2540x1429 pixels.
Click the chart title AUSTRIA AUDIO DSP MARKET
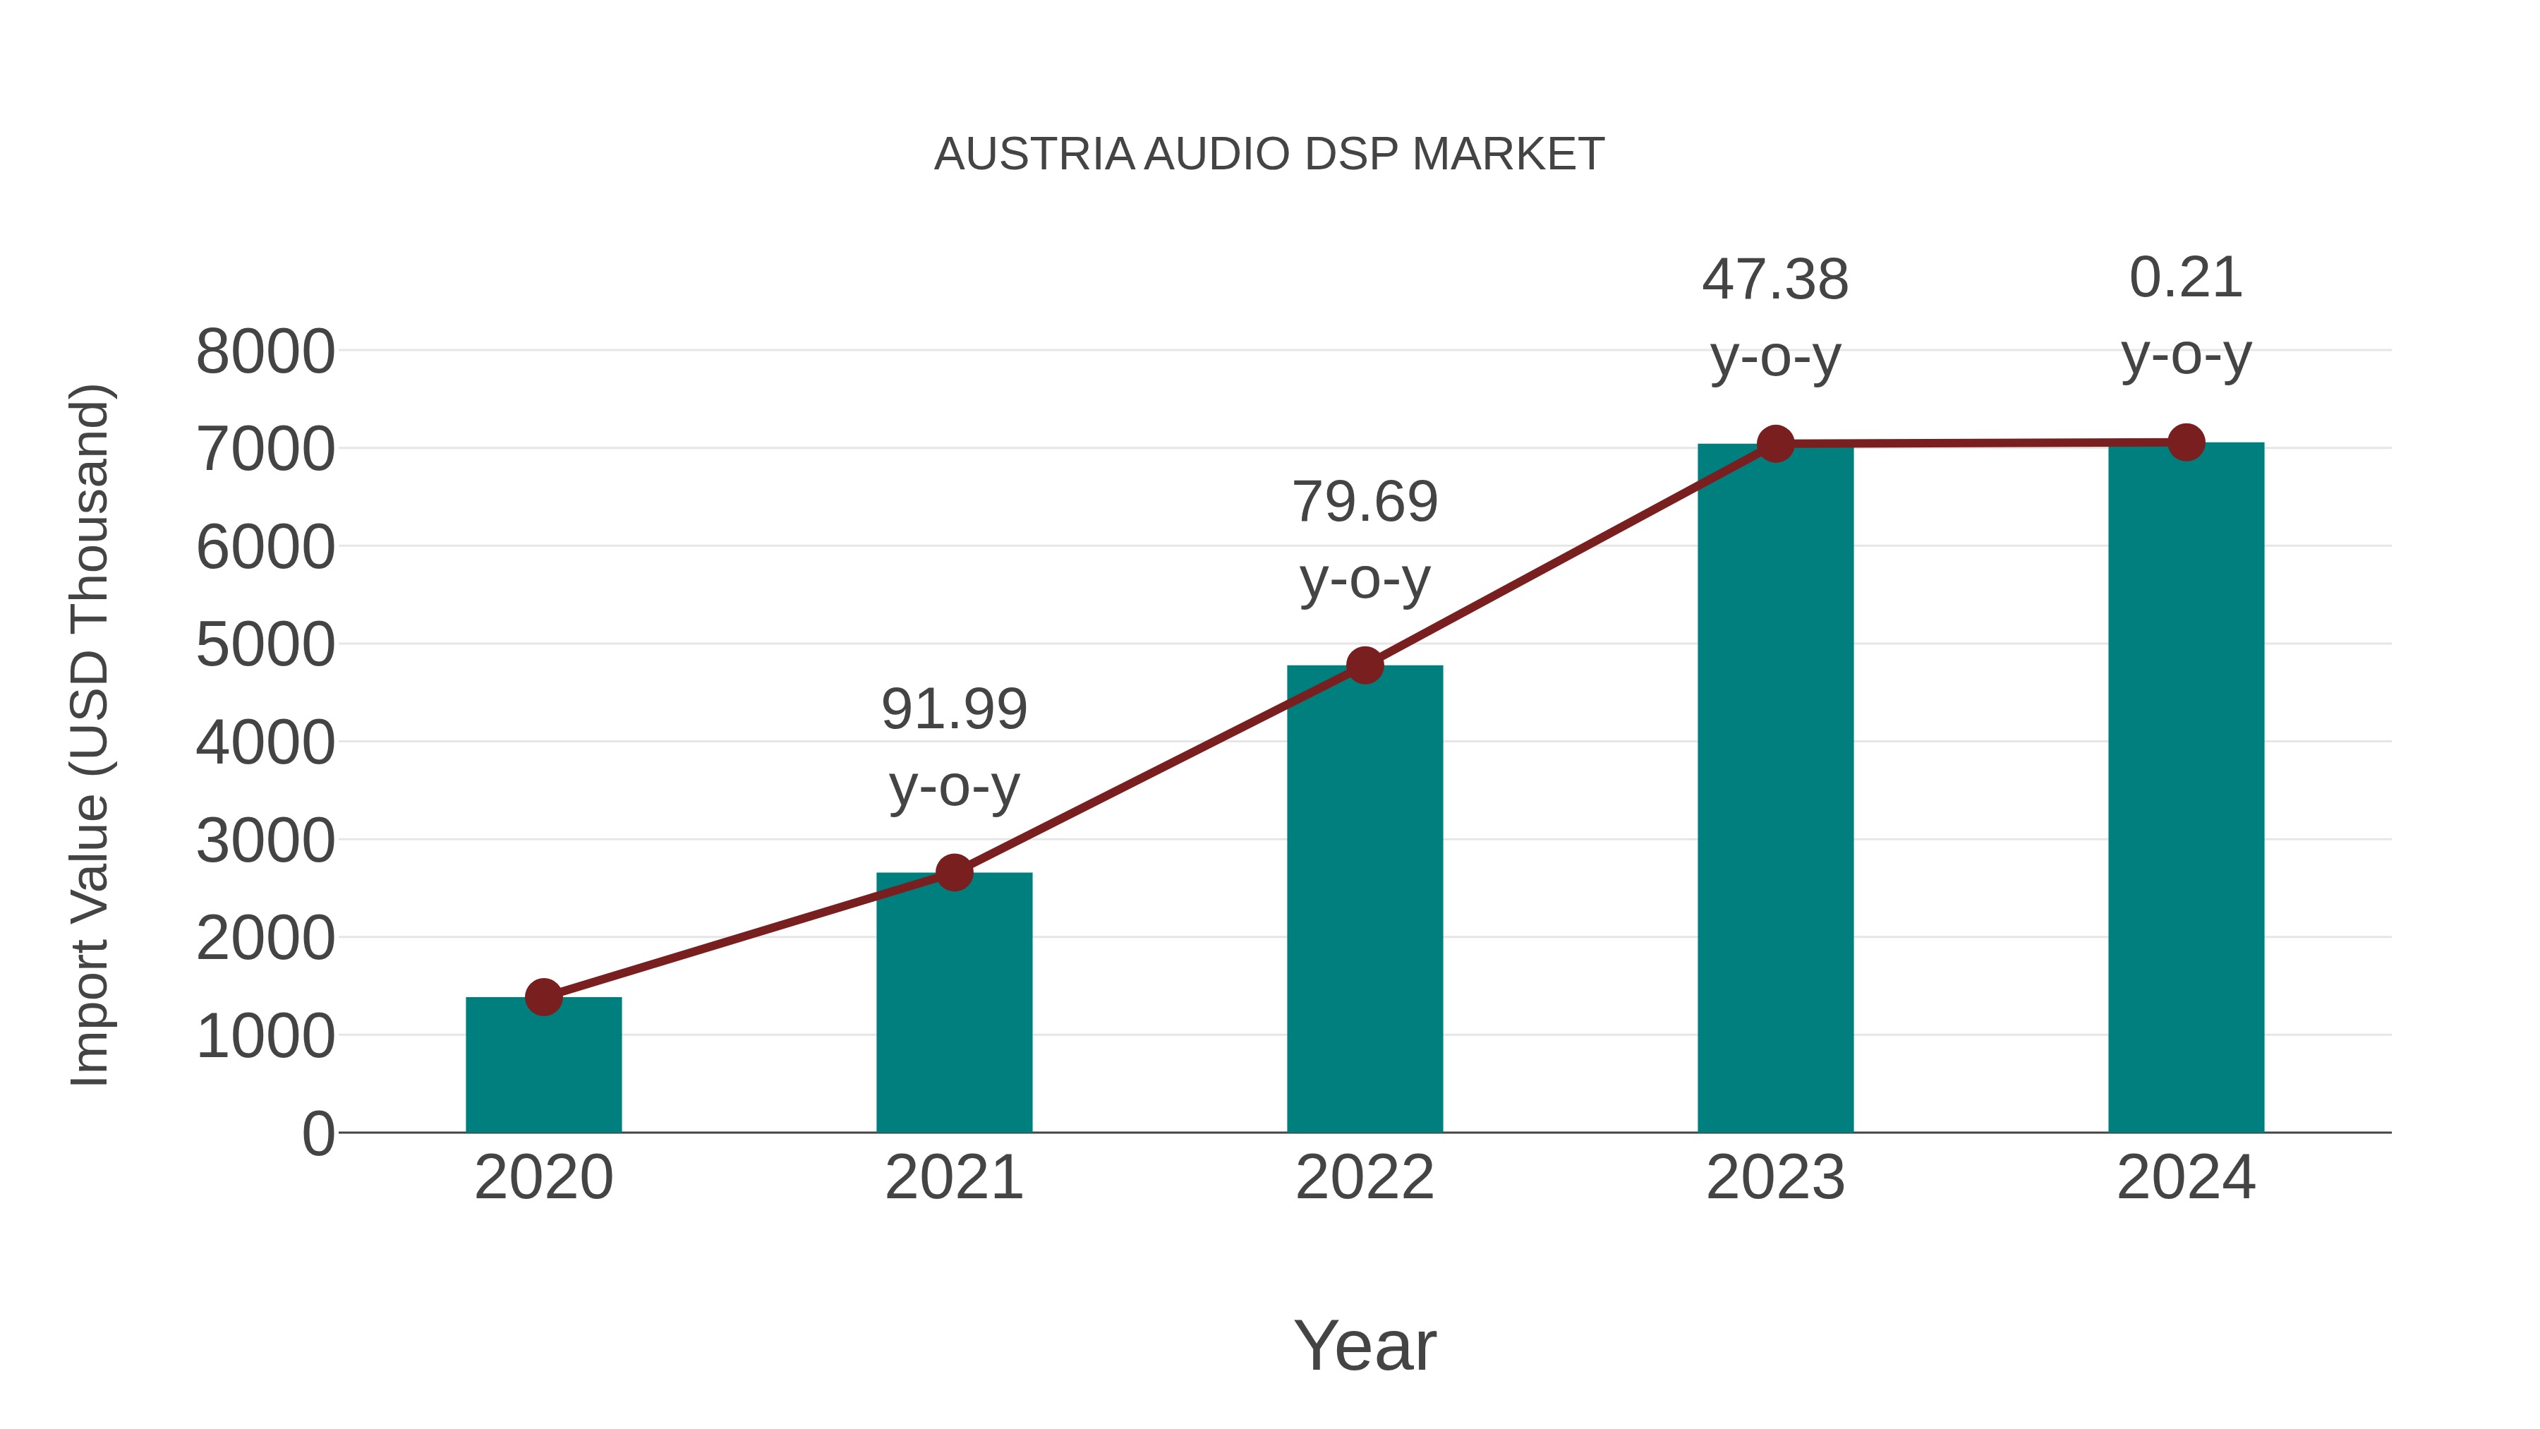tap(1269, 155)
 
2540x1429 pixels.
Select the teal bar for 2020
tap(543, 1065)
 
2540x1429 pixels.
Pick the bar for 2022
tap(1365, 898)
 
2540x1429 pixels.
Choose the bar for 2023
tap(1775, 788)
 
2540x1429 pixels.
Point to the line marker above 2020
tap(543, 997)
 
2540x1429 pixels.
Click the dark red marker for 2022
tap(1365, 665)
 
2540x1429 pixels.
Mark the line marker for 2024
tap(2186, 442)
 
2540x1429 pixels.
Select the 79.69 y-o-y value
tap(1365, 503)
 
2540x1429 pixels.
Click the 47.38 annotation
tap(1775, 280)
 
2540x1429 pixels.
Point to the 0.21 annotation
tap(2186, 278)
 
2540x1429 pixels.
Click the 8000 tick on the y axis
tap(265, 352)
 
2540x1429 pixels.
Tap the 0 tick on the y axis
tap(317, 1134)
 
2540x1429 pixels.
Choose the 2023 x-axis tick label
tap(1775, 1178)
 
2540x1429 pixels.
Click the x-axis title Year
tap(1365, 1346)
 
